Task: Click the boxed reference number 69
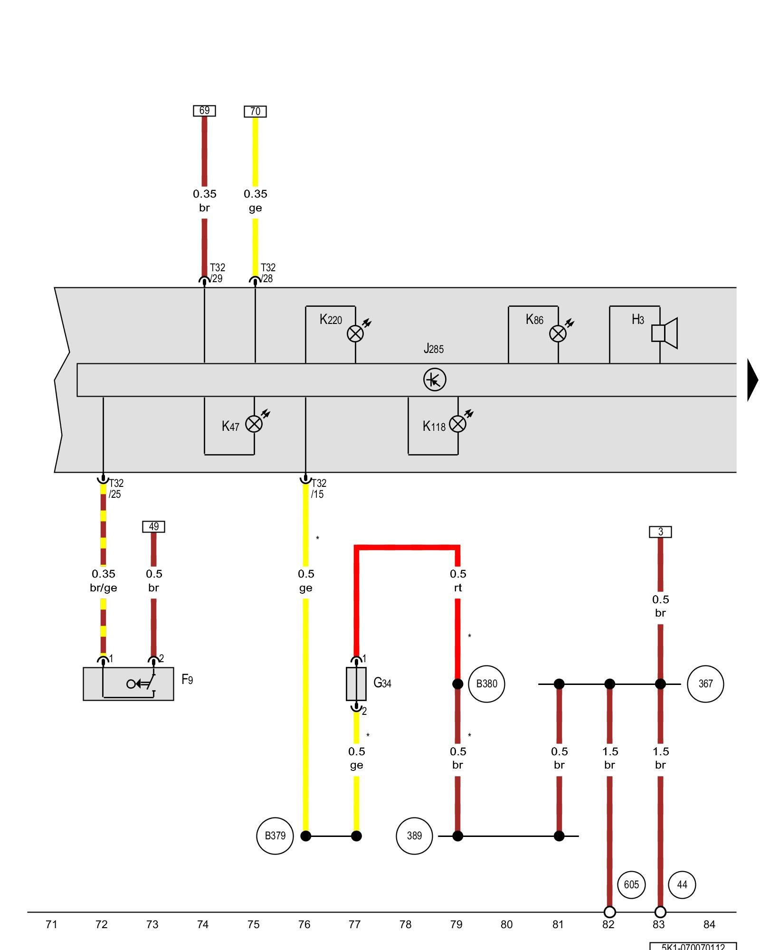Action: [204, 111]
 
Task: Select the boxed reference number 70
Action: [255, 112]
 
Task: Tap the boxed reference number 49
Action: [153, 527]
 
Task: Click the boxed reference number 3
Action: [660, 532]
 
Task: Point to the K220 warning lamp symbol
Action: [355, 333]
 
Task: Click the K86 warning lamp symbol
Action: [558, 333]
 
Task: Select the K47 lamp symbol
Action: [254, 424]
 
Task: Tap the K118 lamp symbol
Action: [457, 424]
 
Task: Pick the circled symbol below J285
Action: [435, 380]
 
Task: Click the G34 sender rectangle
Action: [356, 684]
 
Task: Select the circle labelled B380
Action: [486, 684]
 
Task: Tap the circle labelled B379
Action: [275, 836]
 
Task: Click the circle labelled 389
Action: [414, 836]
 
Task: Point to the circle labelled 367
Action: [705, 684]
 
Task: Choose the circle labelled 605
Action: [631, 885]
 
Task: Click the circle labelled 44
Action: [682, 885]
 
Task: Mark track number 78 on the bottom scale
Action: [405, 924]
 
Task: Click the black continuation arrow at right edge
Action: [753, 380]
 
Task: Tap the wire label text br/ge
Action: [104, 588]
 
